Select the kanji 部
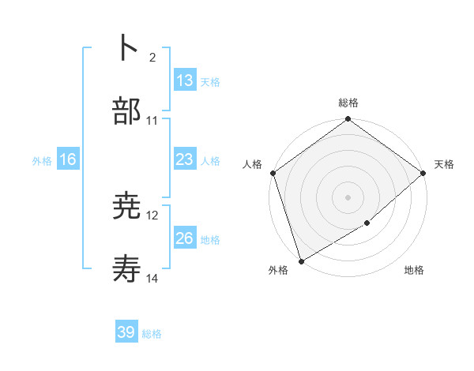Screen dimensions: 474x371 click(x=126, y=111)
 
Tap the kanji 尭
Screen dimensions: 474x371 click(x=126, y=207)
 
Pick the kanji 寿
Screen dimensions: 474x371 click(x=126, y=270)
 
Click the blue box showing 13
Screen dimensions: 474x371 click(x=184, y=80)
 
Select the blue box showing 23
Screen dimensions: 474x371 click(x=184, y=159)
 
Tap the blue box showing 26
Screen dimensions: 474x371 click(x=184, y=238)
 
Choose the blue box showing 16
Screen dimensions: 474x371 click(x=68, y=159)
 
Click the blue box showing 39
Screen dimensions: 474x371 click(x=126, y=332)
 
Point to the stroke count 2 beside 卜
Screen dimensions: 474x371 click(x=152, y=58)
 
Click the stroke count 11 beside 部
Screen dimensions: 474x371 click(x=152, y=121)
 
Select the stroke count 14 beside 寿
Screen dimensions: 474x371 click(x=152, y=279)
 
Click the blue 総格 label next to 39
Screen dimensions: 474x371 click(x=152, y=334)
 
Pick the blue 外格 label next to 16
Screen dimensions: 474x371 click(x=42, y=160)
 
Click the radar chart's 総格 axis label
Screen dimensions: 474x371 click(x=348, y=103)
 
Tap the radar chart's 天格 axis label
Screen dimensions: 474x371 click(x=444, y=164)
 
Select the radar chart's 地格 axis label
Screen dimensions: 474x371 click(x=414, y=270)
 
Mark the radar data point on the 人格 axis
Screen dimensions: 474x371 click(x=273, y=173)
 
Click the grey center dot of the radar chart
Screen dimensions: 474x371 click(x=348, y=197)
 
